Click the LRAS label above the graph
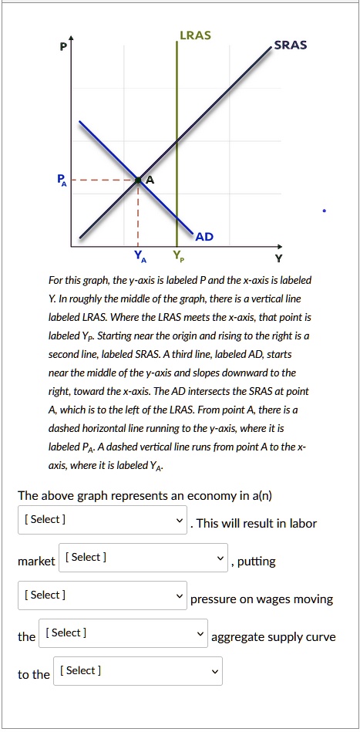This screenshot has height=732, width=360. pyautogui.click(x=195, y=35)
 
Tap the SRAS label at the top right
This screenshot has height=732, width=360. pyautogui.click(x=290, y=45)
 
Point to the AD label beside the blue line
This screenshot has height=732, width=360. pyautogui.click(x=204, y=235)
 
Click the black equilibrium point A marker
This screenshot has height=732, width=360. pyautogui.click(x=138, y=180)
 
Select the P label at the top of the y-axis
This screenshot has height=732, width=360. pyautogui.click(x=53, y=46)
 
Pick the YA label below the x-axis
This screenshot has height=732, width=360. pyautogui.click(x=138, y=256)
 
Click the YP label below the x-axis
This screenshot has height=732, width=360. pyautogui.click(x=178, y=256)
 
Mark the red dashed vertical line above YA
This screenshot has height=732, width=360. pyautogui.click(x=138, y=216)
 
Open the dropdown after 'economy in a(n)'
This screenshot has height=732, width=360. pyautogui.click(x=103, y=520)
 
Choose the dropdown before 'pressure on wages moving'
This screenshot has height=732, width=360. pyautogui.click(x=103, y=595)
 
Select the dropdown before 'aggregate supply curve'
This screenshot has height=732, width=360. pyautogui.click(x=123, y=633)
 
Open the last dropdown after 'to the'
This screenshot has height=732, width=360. pyautogui.click(x=138, y=671)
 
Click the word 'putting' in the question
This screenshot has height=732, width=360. pyautogui.click(x=257, y=562)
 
